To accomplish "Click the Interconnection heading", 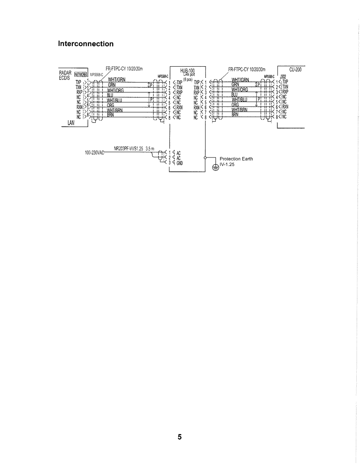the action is [86, 44].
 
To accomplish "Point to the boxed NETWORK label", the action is [80, 75].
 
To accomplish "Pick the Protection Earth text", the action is [236, 159].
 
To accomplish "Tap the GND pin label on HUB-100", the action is [179, 162].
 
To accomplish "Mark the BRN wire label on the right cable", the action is [235, 115].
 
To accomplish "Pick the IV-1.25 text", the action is [227, 164].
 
